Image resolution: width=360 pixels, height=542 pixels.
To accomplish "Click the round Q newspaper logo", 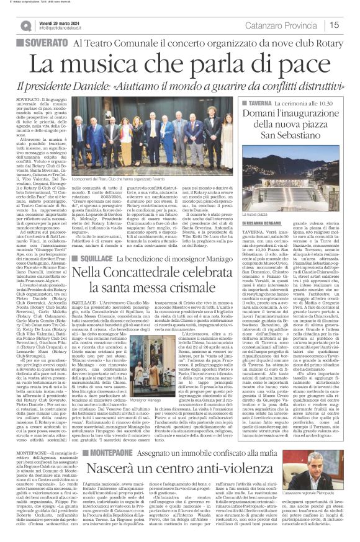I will click(x=25, y=25).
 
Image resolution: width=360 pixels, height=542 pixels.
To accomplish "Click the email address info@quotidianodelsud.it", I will click(x=63, y=28).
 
